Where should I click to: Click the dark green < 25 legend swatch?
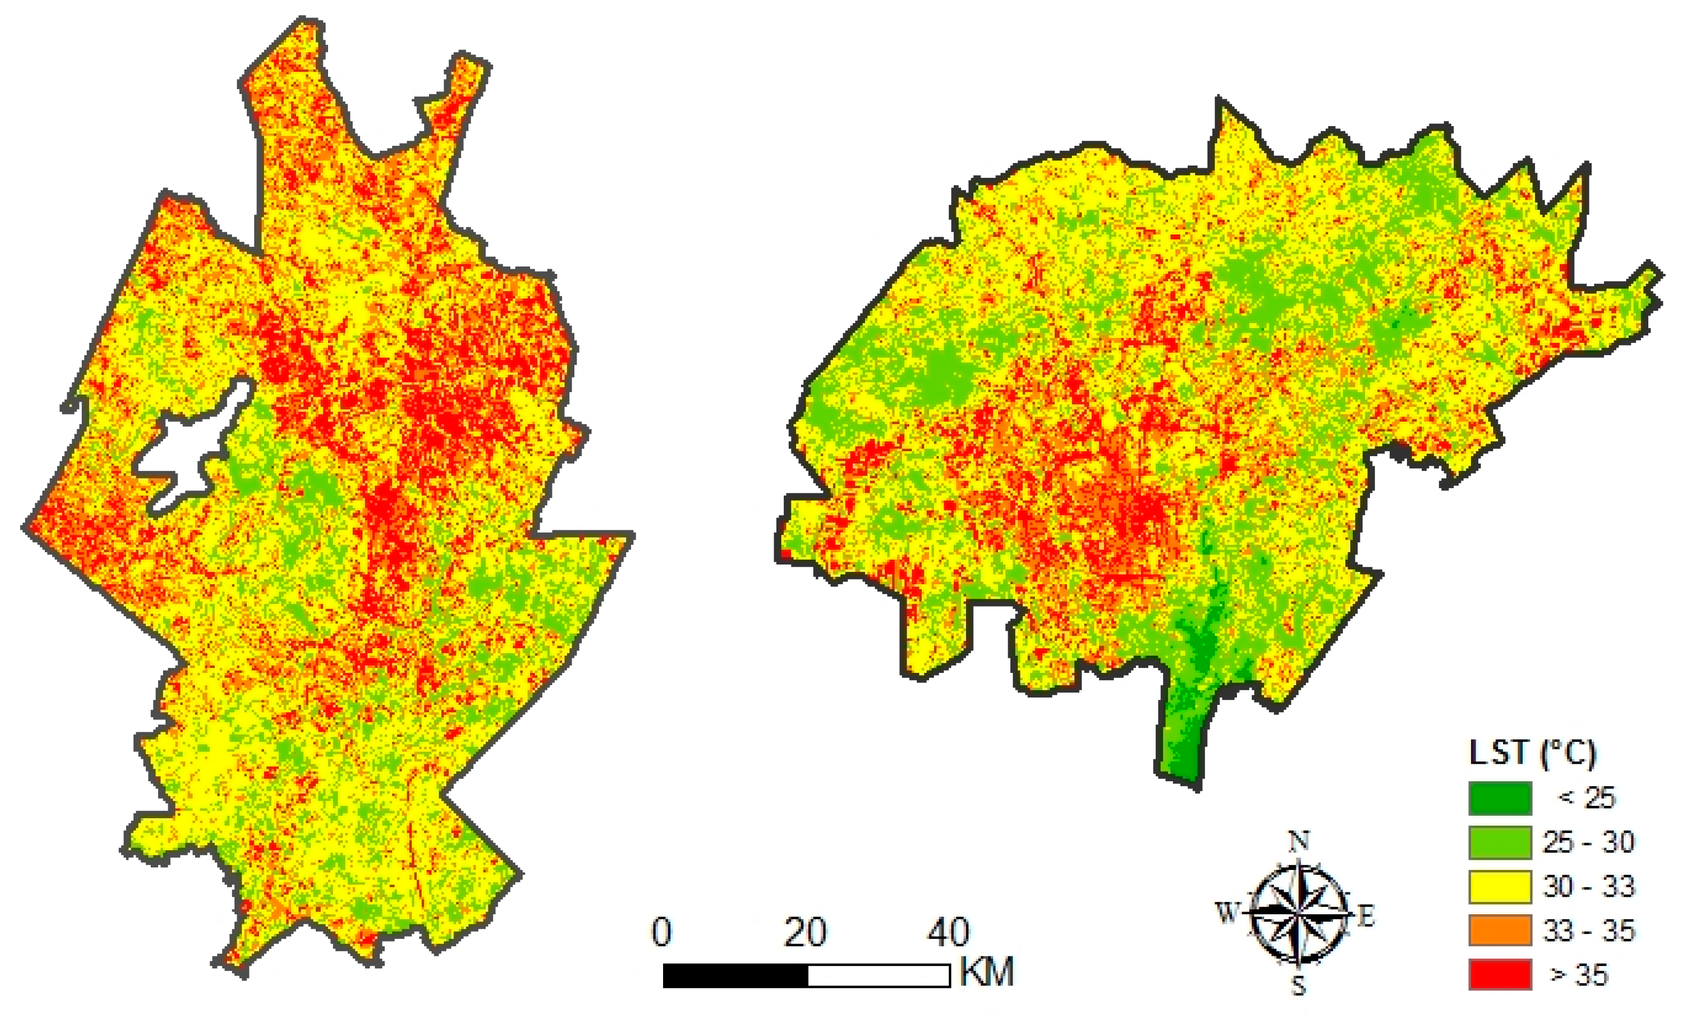(x=1500, y=798)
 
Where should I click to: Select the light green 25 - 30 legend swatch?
(x=1500, y=843)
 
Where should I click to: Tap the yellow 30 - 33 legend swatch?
(x=1500, y=886)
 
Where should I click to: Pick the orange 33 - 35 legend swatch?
(x=1500, y=931)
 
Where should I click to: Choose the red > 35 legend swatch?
(x=1500, y=974)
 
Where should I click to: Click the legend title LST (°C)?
(x=1532, y=753)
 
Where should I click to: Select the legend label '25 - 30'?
(x=1588, y=843)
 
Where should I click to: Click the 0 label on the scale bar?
(x=661, y=932)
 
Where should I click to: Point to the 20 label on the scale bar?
(x=806, y=932)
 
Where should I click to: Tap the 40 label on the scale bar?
(x=948, y=932)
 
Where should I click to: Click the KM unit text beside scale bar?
(x=986, y=971)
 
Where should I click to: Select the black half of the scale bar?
(x=735, y=976)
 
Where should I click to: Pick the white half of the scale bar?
(x=878, y=976)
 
